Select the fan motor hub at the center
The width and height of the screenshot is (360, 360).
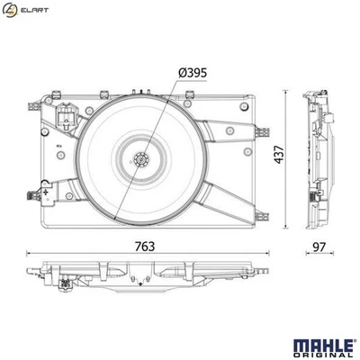click(140, 161)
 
